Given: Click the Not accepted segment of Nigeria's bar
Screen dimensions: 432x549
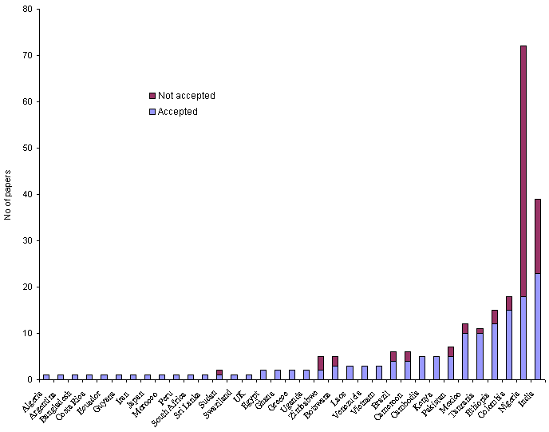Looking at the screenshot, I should [523, 171].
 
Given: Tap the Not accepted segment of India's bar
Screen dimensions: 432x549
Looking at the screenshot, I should [538, 236].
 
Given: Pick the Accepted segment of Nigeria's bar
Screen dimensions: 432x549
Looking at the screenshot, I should [523, 337].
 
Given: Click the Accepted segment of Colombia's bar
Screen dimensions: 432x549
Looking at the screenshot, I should [509, 344].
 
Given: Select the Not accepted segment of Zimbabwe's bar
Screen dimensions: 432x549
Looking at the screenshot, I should [321, 363].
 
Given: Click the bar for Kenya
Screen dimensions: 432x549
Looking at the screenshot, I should [436, 367].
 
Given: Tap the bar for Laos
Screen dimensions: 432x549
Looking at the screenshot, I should [350, 372].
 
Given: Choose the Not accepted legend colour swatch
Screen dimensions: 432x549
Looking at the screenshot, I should [152, 96].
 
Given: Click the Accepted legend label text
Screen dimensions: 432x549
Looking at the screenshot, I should [177, 112].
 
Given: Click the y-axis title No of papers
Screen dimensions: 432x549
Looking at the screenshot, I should [8, 195].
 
